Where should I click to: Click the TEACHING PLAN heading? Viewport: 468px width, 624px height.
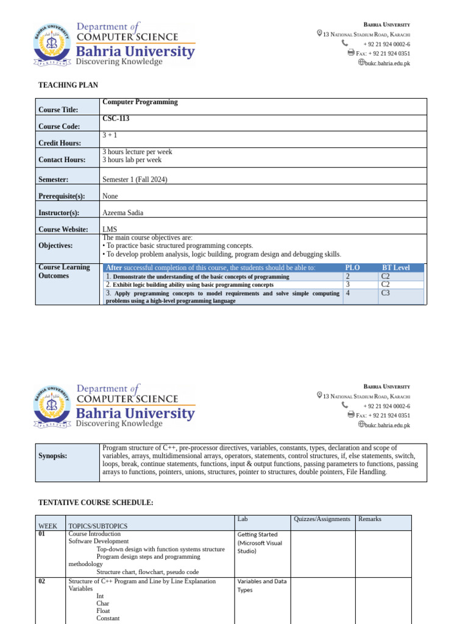68,85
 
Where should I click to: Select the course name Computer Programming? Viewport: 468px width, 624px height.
140,102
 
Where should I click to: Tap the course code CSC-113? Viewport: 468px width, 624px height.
116,119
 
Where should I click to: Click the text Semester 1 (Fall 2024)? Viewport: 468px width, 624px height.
135,180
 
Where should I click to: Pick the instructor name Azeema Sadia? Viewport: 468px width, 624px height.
123,213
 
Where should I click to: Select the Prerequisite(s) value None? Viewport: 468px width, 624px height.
110,196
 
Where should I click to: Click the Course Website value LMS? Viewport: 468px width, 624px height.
110,229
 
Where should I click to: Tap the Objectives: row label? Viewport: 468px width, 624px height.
55,246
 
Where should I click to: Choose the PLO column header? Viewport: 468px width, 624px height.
353,268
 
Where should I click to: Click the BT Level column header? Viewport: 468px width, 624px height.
395,268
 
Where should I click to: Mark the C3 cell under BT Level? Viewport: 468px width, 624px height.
386,293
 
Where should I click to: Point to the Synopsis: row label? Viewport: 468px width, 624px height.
53,456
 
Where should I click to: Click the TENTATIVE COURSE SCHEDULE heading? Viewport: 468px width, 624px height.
96,502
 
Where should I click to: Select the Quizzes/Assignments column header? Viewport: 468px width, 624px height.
322,519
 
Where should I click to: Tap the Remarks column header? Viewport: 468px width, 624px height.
370,519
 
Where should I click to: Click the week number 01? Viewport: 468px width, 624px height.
42,534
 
